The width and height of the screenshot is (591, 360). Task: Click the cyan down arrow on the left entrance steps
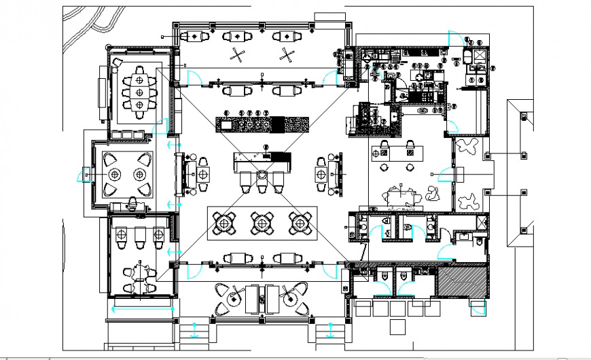point(194,330)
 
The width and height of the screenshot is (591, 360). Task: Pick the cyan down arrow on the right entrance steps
point(331,330)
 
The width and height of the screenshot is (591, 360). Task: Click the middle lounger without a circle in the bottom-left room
point(140,235)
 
